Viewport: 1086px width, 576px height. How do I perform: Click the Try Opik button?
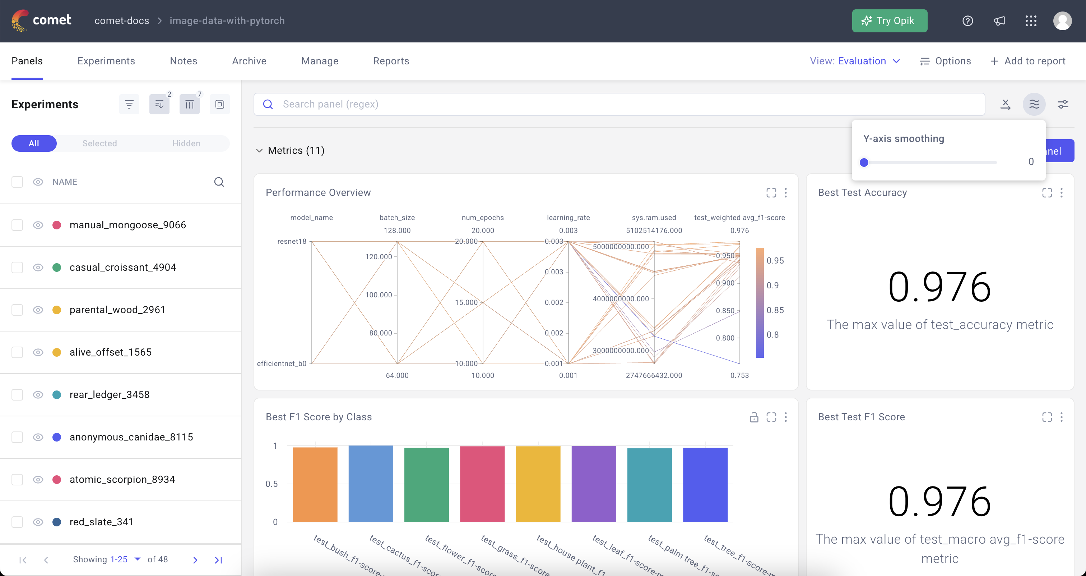coord(889,21)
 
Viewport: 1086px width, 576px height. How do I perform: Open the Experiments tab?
coord(106,61)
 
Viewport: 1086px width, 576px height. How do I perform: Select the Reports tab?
coord(391,61)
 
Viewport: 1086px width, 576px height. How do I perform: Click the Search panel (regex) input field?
coord(624,104)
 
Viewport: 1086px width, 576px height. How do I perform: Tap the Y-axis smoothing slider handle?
coord(864,163)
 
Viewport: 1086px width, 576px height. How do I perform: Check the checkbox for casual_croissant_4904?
coord(17,268)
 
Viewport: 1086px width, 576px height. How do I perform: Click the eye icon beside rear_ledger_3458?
coord(38,394)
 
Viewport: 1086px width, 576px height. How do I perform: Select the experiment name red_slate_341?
coord(101,522)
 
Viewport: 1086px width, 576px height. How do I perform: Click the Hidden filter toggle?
coord(186,143)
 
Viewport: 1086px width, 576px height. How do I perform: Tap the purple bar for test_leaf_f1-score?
coord(594,484)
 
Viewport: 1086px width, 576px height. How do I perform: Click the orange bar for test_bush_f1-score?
coord(315,484)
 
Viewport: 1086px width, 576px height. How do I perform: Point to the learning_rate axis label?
coord(568,218)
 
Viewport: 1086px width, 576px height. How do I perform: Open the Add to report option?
coord(1028,61)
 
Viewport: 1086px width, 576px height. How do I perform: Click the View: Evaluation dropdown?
coord(855,61)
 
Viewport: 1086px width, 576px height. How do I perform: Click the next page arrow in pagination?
coord(195,560)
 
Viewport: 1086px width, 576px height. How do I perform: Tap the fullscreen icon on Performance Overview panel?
coord(771,193)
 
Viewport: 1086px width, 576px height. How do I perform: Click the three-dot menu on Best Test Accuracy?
coord(1062,193)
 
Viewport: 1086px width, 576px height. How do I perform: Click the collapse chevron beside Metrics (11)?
coord(259,151)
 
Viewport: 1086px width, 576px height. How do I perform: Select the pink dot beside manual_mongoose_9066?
coord(57,225)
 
